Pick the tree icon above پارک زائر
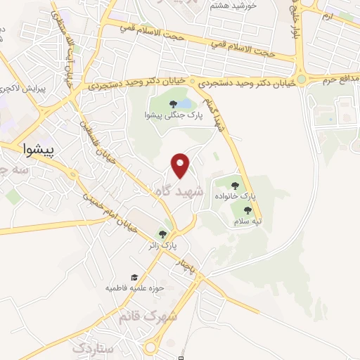[x=163, y=235]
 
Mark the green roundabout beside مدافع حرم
[x=302, y=79]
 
